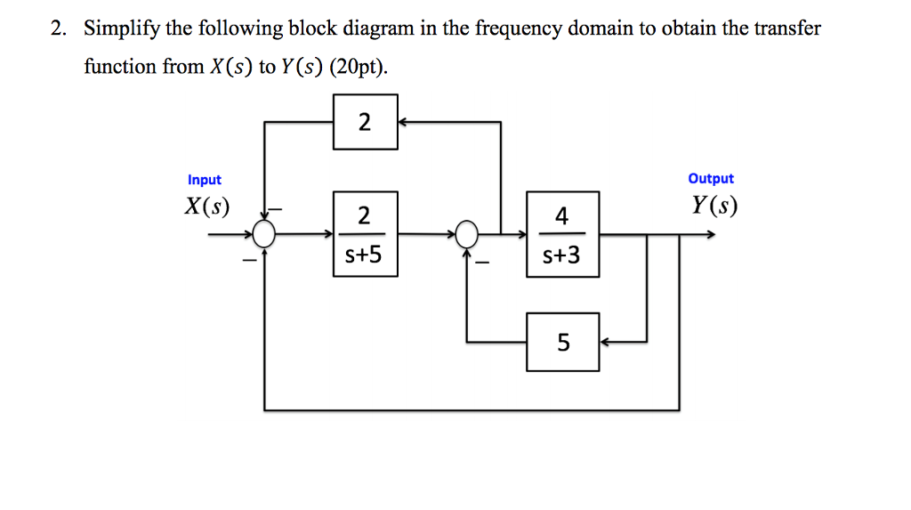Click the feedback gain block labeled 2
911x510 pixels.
pos(365,123)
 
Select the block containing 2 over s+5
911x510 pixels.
pos(365,234)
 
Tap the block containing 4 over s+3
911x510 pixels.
pos(562,234)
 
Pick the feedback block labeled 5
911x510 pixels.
pos(562,342)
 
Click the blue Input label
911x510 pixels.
pos(205,180)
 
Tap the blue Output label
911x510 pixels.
pos(711,179)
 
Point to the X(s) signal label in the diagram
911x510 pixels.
pos(206,207)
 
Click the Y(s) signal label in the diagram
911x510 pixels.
pos(714,206)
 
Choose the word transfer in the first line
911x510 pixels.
pos(789,28)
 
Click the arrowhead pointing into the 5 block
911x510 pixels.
pos(605,342)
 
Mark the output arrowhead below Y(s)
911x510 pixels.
pos(709,235)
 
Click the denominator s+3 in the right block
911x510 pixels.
pos(562,256)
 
